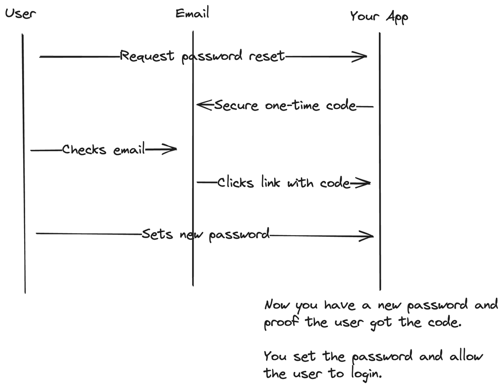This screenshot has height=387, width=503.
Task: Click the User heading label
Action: click(x=21, y=14)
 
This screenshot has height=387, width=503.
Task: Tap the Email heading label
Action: click(x=192, y=14)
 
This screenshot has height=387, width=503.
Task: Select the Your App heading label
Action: click(x=379, y=17)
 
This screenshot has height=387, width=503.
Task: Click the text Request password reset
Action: click(x=202, y=56)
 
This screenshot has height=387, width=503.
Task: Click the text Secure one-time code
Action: click(x=285, y=106)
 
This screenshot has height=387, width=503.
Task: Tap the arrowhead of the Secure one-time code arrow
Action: click(x=200, y=106)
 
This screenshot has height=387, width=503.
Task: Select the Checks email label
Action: click(x=104, y=150)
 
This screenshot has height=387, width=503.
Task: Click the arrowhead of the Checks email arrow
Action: click(x=174, y=149)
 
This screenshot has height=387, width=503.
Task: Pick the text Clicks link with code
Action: click(x=283, y=183)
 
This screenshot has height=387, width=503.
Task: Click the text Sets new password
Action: click(x=206, y=234)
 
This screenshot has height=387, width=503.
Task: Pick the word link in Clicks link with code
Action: click(x=271, y=183)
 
